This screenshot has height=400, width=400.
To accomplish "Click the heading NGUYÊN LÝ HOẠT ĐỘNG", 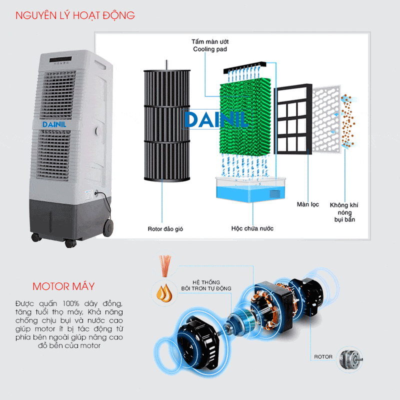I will pos(75,15).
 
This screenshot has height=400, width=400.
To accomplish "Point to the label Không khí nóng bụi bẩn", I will pos(344,212).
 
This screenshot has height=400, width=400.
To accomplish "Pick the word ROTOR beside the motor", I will pos(323,357).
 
